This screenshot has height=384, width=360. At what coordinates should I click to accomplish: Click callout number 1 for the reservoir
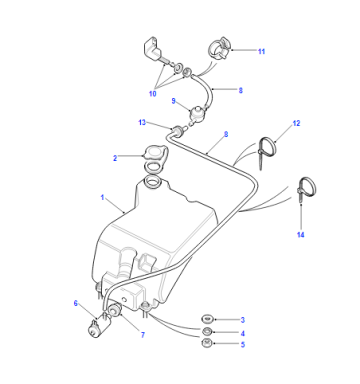[x=102, y=198]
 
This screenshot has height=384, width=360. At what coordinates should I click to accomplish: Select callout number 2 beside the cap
[x=115, y=158]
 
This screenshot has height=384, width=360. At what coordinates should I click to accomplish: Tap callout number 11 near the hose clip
[x=261, y=51]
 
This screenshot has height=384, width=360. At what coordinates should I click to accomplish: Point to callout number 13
[x=142, y=122]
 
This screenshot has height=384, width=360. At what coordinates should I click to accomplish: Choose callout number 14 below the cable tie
[x=300, y=235]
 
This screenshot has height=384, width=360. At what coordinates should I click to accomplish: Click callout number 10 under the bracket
[x=152, y=94]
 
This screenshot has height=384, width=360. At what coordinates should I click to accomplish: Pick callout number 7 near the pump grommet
[x=143, y=335]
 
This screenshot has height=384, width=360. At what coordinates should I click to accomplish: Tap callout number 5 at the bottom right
[x=243, y=344]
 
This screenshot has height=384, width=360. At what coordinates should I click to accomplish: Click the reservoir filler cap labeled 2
[x=154, y=153]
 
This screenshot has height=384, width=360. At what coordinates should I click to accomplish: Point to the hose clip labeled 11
[x=219, y=48]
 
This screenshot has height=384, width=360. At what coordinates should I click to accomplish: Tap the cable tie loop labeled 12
[x=268, y=146]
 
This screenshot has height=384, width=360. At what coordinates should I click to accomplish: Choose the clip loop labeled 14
[x=307, y=187]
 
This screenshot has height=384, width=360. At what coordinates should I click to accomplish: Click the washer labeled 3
[x=207, y=319]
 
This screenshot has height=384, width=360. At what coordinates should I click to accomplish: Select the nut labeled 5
[x=207, y=342]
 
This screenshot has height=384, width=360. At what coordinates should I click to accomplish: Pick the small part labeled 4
[x=207, y=331]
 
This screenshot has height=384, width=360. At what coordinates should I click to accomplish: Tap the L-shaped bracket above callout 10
[x=153, y=49]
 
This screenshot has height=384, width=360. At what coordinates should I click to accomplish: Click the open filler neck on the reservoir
[x=152, y=182]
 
